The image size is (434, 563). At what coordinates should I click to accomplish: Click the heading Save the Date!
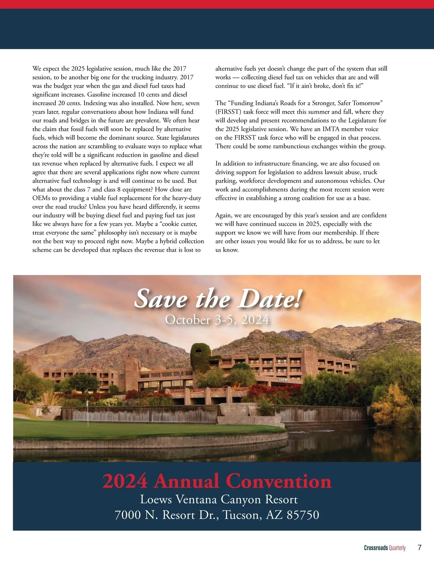217,299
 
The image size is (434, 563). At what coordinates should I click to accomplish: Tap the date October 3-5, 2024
217,320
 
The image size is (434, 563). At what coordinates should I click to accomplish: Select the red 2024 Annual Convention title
217,482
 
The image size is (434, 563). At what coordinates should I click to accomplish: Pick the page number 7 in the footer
419,547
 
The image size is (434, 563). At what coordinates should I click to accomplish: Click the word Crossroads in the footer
376,548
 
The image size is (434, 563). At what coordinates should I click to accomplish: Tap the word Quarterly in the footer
397,548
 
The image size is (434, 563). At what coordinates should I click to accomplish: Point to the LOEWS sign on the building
284,380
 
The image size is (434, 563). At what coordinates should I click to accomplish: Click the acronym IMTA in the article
332,129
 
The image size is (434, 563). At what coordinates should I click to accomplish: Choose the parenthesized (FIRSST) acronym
228,112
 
